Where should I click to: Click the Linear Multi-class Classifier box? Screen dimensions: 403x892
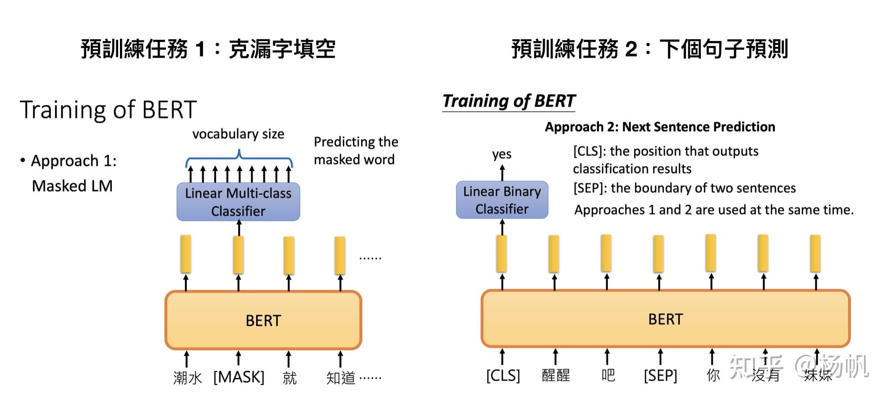[x=238, y=201]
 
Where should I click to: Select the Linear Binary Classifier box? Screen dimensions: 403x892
[x=502, y=200]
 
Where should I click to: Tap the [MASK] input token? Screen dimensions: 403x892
[x=239, y=377]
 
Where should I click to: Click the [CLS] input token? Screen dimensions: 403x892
[x=503, y=375]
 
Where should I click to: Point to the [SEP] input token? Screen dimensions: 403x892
[x=660, y=375]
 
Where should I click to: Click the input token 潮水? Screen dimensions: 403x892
[x=187, y=378]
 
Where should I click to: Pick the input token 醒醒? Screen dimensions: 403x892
[x=556, y=375]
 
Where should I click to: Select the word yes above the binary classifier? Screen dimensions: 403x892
[x=501, y=155]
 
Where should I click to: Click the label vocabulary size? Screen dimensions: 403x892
[x=238, y=134]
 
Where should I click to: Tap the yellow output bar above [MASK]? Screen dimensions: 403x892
[x=239, y=255]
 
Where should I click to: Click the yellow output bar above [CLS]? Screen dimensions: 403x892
[x=501, y=253]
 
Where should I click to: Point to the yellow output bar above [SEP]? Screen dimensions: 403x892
[x=658, y=253]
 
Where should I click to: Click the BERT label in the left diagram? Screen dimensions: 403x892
[x=263, y=321]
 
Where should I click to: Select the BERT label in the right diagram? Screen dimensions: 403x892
[x=665, y=319]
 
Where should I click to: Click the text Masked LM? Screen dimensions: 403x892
[x=72, y=186]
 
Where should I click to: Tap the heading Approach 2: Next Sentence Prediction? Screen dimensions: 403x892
[x=660, y=127]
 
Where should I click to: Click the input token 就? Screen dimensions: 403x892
[x=290, y=378]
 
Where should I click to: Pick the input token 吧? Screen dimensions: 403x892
[x=608, y=375]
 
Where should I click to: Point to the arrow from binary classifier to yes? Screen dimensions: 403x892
[x=502, y=173]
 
